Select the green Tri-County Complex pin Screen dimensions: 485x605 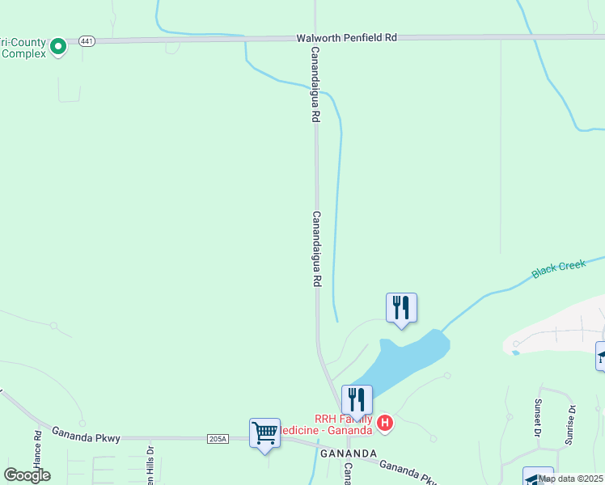coord(57,47)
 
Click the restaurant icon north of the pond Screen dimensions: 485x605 coord(400,308)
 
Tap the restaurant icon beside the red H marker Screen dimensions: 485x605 coord(356,399)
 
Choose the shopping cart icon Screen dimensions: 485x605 coord(264,433)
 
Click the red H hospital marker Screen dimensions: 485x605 coord(386,422)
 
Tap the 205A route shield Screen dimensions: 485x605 coord(218,439)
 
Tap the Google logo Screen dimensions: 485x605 coord(27,475)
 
